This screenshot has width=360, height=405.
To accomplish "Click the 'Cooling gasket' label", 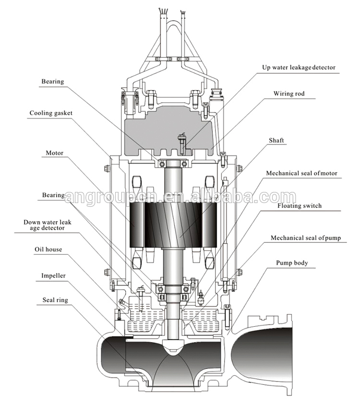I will pyautogui.click(x=50, y=114).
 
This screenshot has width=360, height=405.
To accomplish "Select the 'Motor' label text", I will pyautogui.click(x=55, y=154).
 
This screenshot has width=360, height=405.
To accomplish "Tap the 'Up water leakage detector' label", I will pyautogui.click(x=298, y=68).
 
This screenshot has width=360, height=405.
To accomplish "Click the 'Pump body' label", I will pyautogui.click(x=292, y=263).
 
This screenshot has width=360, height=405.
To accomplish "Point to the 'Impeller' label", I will pyautogui.click(x=53, y=276).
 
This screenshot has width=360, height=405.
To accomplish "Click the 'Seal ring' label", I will pyautogui.click(x=55, y=300).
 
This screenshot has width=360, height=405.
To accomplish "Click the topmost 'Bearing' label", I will pyautogui.click(x=52, y=82).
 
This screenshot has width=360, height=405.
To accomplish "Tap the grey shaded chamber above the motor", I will pyautogui.click(x=170, y=130).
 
